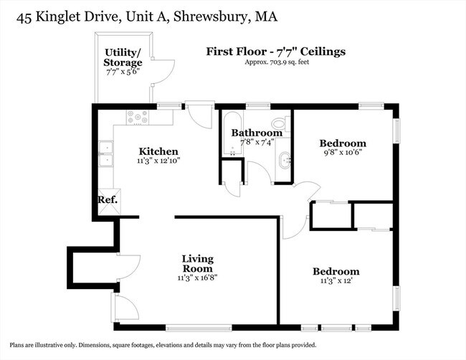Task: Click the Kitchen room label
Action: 158,151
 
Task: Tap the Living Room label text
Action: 198,263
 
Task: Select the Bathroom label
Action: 256,133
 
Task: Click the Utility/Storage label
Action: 123,57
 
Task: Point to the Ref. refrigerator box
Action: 108,200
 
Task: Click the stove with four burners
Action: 136,117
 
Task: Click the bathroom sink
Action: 285,160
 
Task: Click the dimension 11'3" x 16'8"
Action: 199,278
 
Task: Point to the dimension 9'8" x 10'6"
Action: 343,153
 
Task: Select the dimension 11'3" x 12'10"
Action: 158,161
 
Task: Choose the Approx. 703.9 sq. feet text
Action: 276,62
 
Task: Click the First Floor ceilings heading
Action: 276,51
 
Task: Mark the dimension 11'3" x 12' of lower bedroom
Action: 336,282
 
